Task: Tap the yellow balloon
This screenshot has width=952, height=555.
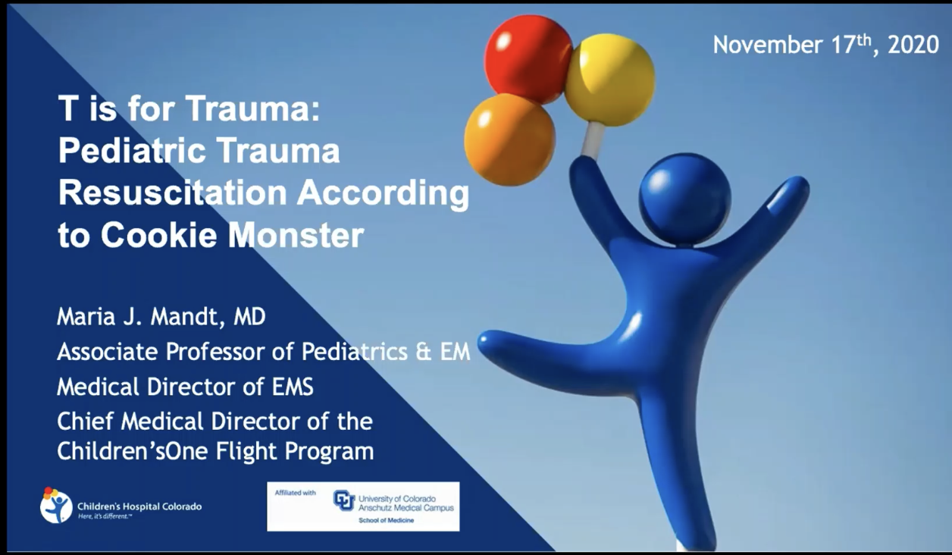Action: [x=609, y=80]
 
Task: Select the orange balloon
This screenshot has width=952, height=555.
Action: [x=509, y=140]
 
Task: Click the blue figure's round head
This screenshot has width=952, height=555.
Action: [x=684, y=199]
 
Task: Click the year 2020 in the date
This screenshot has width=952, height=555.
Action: [x=913, y=45]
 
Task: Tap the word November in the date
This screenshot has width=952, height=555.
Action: [x=768, y=45]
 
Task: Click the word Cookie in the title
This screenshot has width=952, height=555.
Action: [x=158, y=235]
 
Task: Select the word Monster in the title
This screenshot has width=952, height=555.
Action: [x=296, y=235]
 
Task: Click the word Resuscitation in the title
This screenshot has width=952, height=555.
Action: [x=173, y=193]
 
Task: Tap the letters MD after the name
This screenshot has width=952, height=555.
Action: [x=249, y=317]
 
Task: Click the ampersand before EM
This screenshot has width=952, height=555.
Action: [x=423, y=352]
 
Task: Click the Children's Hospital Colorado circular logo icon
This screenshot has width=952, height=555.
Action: [x=56, y=505]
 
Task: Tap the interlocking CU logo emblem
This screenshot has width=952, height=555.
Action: [x=344, y=500]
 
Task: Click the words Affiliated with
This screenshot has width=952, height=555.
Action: [x=296, y=493]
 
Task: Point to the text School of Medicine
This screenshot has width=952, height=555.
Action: [x=387, y=520]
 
